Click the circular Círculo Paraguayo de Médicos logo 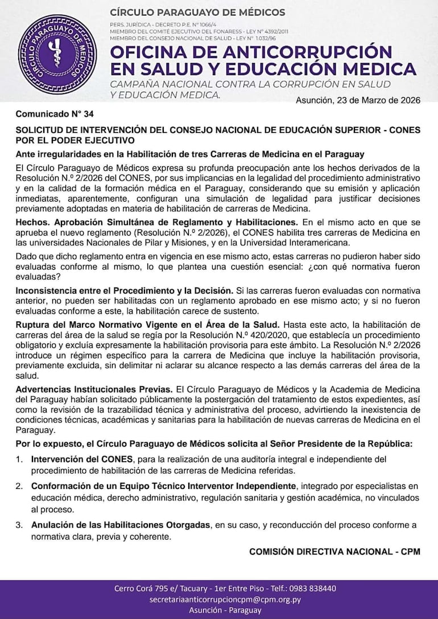[x=56, y=55]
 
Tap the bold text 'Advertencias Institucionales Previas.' [x=94, y=389]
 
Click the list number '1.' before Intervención [x=19, y=459]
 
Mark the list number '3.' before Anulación [x=19, y=525]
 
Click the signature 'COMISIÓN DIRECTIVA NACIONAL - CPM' [x=334, y=551]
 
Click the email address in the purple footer [x=225, y=599]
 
